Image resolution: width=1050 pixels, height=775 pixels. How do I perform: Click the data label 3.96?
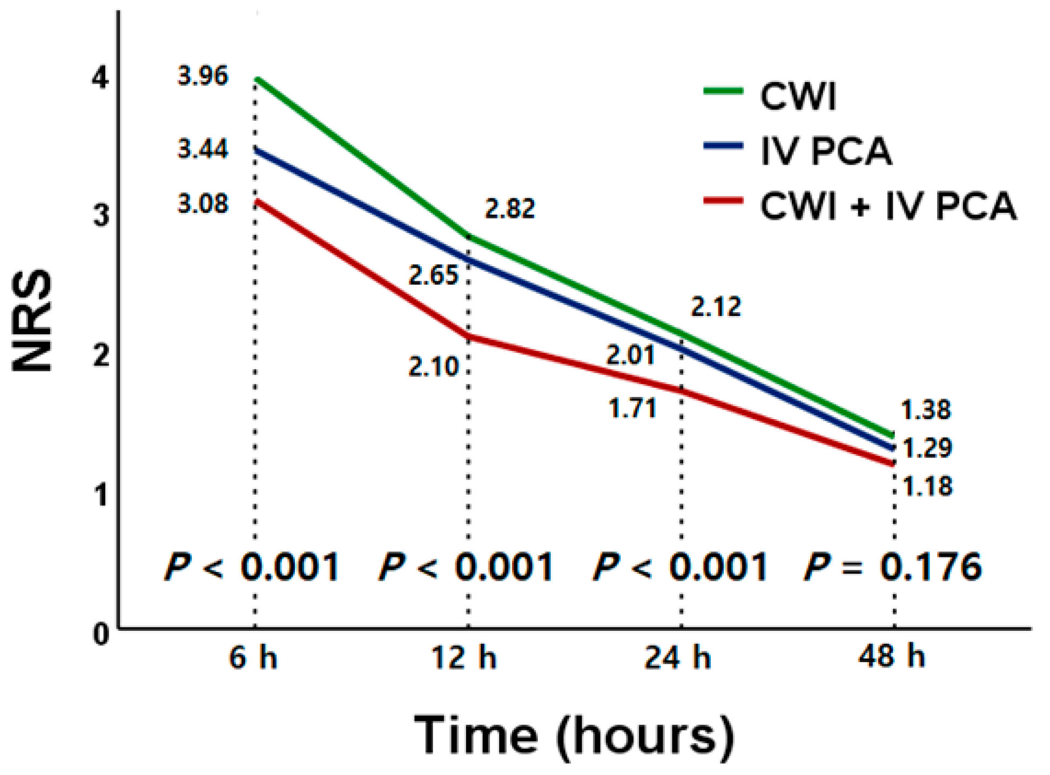click(x=203, y=76)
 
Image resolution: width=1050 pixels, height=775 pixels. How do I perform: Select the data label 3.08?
click(x=203, y=204)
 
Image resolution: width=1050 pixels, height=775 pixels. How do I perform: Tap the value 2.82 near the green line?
click(x=510, y=209)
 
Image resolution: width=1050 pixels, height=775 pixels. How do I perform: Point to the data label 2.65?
click(x=433, y=275)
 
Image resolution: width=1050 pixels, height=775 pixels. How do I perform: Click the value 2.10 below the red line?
click(x=433, y=367)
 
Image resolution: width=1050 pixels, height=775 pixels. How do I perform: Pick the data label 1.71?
click(x=632, y=408)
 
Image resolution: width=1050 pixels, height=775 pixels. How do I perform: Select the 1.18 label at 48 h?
click(x=927, y=487)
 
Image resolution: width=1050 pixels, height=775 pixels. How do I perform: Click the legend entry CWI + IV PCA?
click(x=887, y=206)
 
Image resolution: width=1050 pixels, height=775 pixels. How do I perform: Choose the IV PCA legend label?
click(x=826, y=151)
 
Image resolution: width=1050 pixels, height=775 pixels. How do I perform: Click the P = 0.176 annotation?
click(x=892, y=567)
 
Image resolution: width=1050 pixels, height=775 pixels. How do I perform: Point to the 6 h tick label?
click(x=253, y=658)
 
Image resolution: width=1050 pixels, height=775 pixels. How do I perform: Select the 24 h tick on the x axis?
click(x=677, y=658)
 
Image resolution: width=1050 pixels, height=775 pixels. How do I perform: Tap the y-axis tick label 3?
click(x=101, y=215)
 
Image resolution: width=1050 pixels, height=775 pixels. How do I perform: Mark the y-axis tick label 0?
click(x=101, y=634)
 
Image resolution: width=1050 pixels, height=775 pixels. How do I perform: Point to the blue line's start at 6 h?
click(x=255, y=149)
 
